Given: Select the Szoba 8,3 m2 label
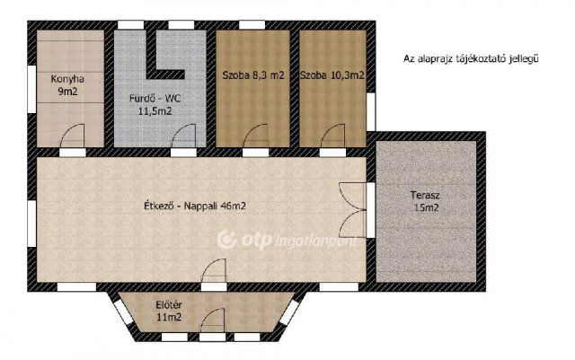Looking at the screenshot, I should point(252,76).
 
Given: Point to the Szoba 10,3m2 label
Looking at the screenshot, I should point(332,76).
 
